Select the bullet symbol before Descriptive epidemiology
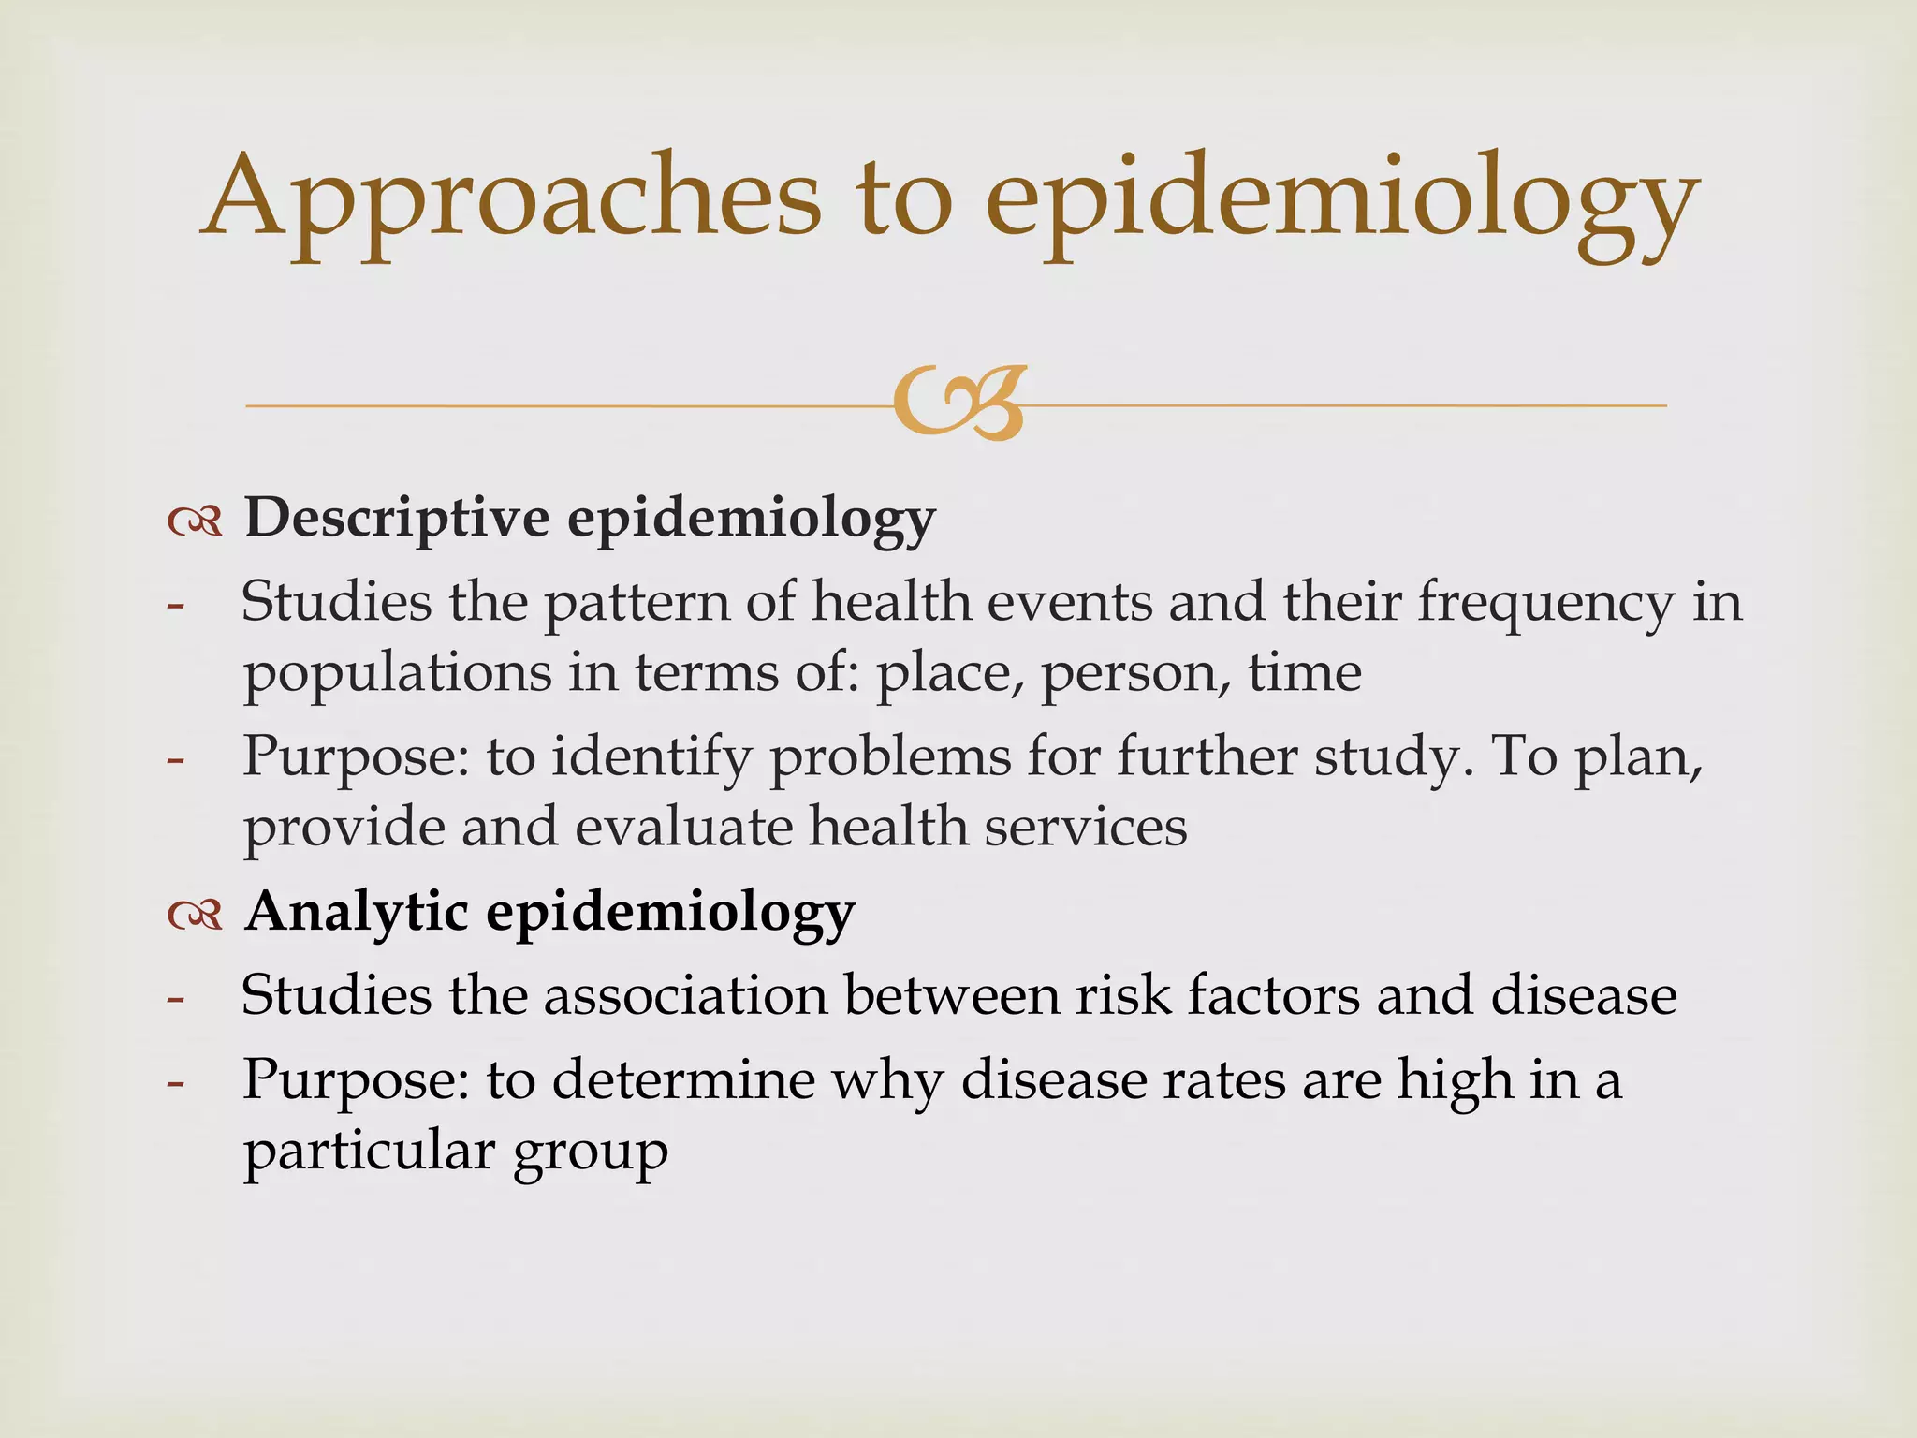(x=196, y=521)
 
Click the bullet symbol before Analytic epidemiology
(x=196, y=914)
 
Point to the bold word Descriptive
(x=397, y=518)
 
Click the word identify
(x=651, y=757)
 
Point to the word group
(x=590, y=1154)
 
